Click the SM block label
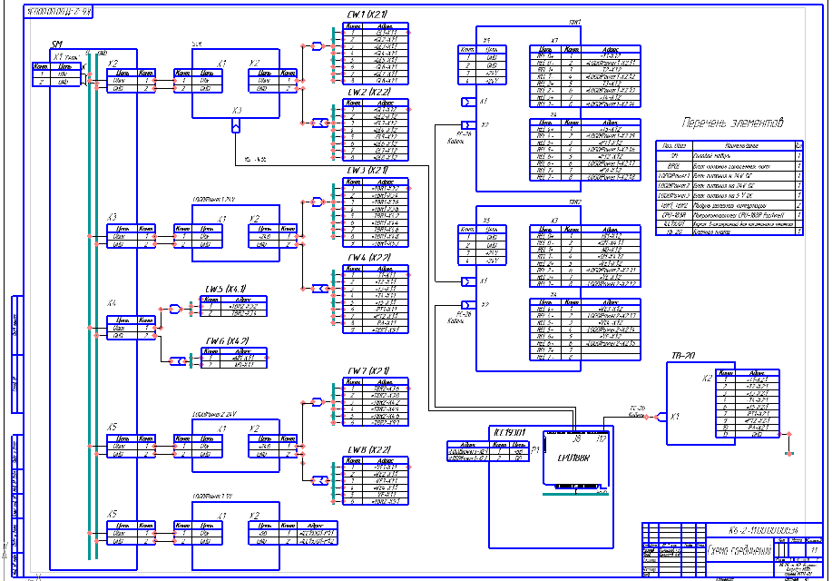pos(56,44)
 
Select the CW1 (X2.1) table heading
pos(367,16)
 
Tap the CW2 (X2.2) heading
pos(367,93)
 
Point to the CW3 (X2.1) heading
pos(367,170)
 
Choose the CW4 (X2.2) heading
pos(367,258)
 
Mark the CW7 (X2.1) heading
pos(367,370)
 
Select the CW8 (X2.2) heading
pos(367,448)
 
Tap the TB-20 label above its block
pos(683,354)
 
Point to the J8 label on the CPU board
pos(576,440)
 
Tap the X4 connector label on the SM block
pos(112,303)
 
